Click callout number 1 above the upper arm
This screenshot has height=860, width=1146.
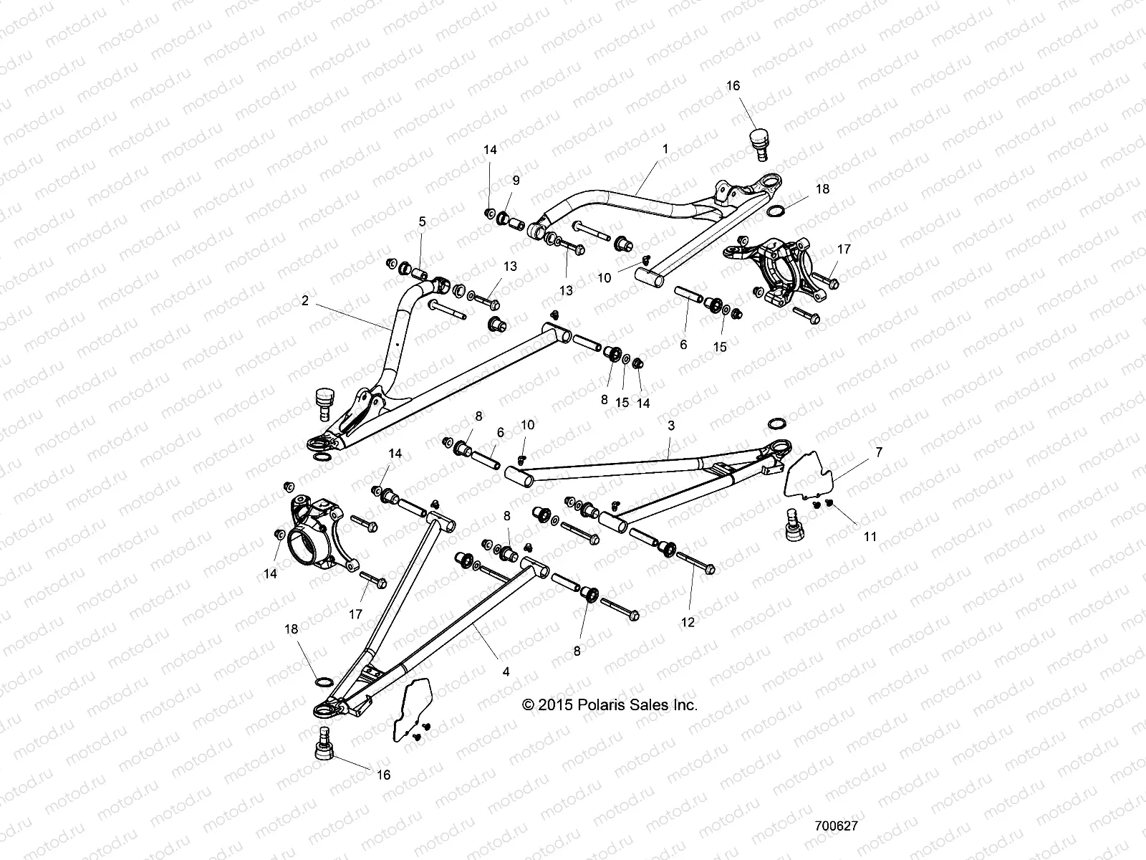[665, 149]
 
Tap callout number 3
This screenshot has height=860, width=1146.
[671, 426]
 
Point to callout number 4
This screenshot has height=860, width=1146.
[506, 672]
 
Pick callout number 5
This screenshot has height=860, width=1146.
[423, 222]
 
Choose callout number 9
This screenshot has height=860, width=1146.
[516, 181]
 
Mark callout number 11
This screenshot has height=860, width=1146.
[871, 536]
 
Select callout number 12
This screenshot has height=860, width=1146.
[688, 623]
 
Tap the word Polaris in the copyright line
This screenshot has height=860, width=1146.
[597, 705]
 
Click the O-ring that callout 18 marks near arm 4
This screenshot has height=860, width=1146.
[324, 679]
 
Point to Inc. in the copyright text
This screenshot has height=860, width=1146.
[685, 705]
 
